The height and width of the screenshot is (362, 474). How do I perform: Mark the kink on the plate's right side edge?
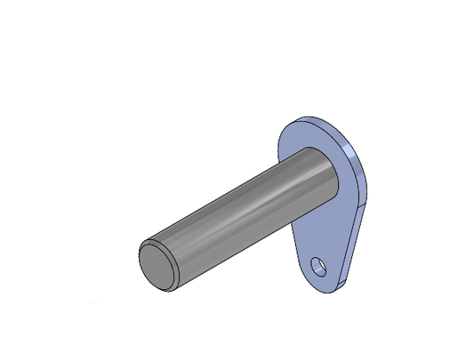click(x=364, y=205)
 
